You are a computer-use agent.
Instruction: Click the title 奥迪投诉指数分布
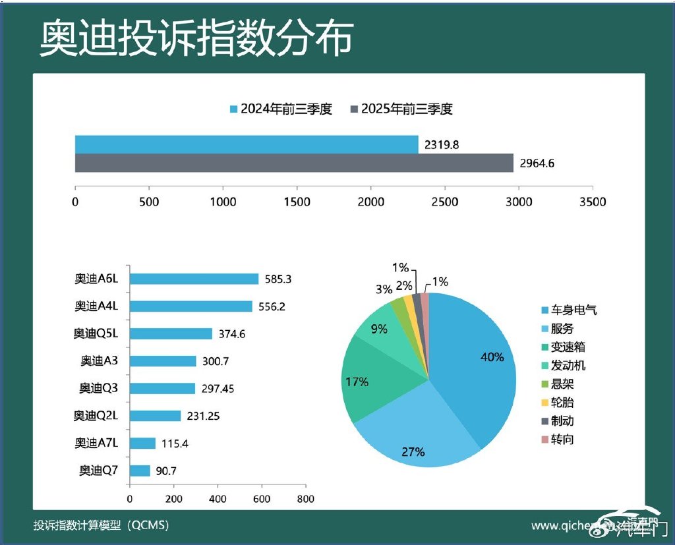point(196,38)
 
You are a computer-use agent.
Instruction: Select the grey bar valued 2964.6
point(294,163)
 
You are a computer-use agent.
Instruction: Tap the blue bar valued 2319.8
point(247,144)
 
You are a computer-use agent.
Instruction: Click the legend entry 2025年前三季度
point(402,109)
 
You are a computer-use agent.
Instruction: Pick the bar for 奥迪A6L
point(194,279)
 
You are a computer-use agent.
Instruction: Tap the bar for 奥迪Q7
point(140,471)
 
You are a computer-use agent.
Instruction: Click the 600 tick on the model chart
point(262,499)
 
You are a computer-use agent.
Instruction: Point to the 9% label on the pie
point(379,329)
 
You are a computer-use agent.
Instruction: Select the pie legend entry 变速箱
point(567,347)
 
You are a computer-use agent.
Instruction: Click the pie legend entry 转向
point(562,439)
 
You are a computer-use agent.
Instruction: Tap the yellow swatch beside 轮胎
point(544,403)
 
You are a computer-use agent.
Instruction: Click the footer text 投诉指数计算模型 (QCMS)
point(102,525)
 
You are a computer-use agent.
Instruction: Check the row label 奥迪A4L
point(96,306)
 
